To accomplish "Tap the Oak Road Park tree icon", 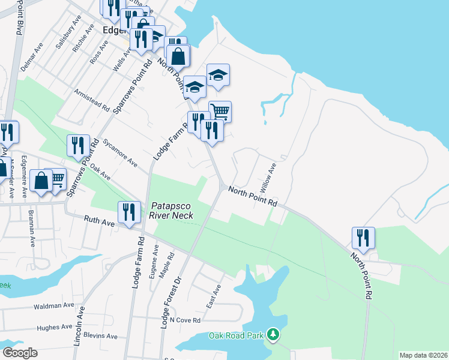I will [x=274, y=334].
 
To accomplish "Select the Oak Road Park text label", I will [x=236, y=335].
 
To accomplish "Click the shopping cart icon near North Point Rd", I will [x=220, y=111].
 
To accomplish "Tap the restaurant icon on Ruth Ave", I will [x=129, y=212].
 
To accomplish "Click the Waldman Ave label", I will [x=54, y=306].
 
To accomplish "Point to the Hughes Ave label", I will [x=54, y=328].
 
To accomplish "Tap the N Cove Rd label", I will [x=184, y=320].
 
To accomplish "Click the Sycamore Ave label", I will [x=121, y=154].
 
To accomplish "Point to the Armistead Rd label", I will [x=92, y=101].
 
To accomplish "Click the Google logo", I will [x=20, y=353].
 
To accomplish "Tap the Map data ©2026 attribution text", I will [x=423, y=355].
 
